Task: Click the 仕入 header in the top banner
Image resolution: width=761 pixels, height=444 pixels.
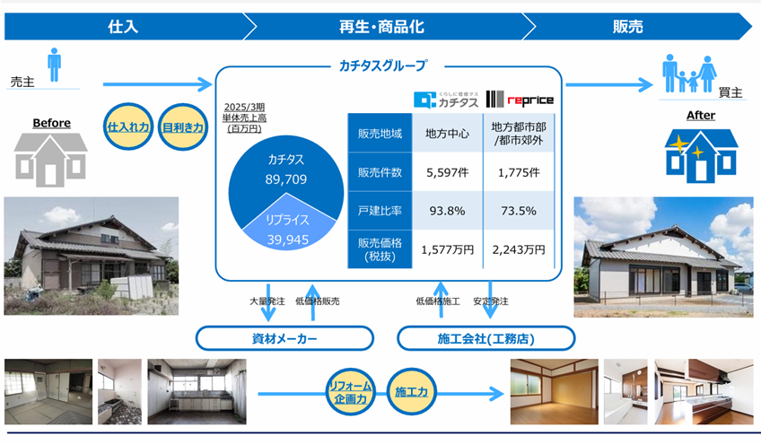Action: click(123, 26)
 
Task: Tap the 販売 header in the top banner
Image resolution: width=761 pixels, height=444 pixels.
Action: click(627, 26)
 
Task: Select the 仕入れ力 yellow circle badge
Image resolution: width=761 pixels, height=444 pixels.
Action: click(128, 126)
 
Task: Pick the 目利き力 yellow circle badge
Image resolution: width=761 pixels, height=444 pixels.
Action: click(183, 127)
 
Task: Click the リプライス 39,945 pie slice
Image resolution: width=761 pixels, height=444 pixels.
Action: click(288, 226)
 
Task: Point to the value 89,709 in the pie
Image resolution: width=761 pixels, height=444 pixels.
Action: click(286, 179)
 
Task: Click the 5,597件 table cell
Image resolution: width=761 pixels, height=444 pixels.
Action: click(448, 172)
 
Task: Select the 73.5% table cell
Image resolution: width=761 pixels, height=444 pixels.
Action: click(519, 211)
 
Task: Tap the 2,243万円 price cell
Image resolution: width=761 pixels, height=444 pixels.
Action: click(519, 249)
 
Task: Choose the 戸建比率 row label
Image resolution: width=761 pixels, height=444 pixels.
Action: click(380, 211)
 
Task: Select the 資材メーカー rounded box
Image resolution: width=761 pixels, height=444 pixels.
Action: click(284, 338)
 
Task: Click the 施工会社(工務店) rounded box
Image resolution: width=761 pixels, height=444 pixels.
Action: click(485, 338)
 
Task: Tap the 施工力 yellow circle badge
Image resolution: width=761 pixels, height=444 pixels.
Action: click(411, 392)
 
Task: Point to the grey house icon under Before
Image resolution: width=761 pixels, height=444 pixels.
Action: click(50, 160)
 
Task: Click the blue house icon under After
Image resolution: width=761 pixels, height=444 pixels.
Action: click(701, 156)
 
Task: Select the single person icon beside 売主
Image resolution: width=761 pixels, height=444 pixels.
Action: click(55, 65)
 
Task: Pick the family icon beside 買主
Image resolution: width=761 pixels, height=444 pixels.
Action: click(689, 74)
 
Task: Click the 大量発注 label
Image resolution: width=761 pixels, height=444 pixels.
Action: click(267, 301)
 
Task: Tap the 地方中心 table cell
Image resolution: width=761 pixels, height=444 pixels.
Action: click(448, 134)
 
